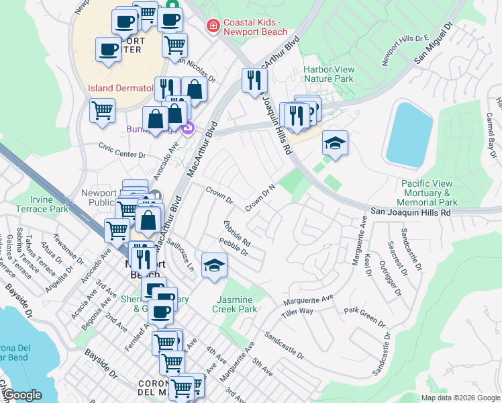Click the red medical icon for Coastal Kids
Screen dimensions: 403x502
pos(213,26)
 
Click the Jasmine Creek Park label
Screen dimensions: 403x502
pos(235,304)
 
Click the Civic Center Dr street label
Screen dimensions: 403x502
pos(121,154)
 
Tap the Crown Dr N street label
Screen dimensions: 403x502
pos(261,198)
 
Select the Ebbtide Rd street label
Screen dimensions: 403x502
pos(237,232)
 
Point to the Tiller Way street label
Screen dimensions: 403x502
pos(297,312)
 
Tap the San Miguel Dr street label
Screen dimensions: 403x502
pos(433,45)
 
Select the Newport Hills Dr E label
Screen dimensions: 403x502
pos(405,51)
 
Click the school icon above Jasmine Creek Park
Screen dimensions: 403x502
pos(214,265)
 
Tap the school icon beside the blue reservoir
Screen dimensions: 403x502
pos(335,142)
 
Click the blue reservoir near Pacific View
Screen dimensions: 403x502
pos(409,134)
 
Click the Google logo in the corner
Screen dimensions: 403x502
pos(23,395)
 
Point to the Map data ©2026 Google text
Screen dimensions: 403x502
pos(460,397)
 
